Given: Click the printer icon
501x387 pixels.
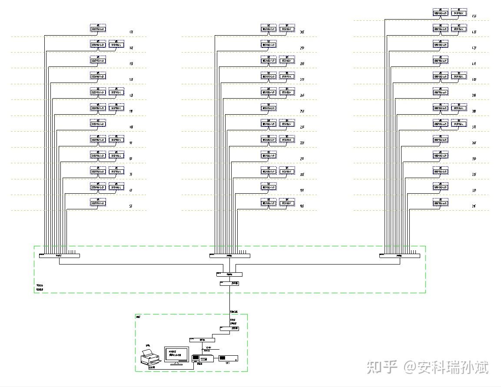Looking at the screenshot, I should tap(150, 357).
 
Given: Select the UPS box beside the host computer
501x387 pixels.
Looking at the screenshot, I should tap(228, 358).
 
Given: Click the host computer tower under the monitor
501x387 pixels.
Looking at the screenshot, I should tap(202, 358).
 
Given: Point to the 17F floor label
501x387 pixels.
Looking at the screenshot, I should tap(131, 33).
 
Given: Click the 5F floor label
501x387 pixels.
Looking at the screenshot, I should tap(131, 206).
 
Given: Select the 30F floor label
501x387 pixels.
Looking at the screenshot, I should tap(302, 33).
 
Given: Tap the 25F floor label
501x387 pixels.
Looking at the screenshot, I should tap(302, 112).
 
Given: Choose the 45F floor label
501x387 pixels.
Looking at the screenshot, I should tap(474, 16).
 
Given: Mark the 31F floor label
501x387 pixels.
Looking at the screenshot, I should tap(474, 206).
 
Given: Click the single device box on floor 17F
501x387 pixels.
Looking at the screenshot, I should tap(98, 29).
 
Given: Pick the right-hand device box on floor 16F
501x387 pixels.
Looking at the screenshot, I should tap(116, 44).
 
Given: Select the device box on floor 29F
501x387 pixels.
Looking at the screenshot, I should tap(269, 44).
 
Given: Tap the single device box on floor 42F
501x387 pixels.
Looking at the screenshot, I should tap(441, 44).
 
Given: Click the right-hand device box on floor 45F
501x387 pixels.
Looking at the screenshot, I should tap(459, 13).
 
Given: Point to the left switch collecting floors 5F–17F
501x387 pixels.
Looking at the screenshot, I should tap(60, 256).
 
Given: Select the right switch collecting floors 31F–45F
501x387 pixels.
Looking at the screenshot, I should tap(399, 256).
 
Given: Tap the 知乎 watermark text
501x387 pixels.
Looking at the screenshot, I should tap(382, 367).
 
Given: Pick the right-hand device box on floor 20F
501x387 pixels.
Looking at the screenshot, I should tap(287, 171).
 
